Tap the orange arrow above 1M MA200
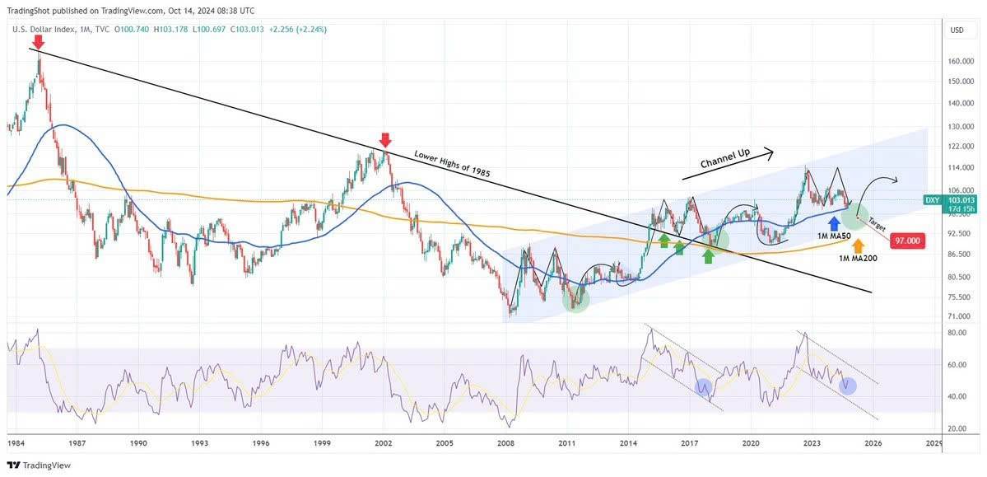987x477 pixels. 858,245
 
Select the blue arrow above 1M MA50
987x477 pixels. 834,222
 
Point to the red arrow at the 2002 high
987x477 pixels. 384,140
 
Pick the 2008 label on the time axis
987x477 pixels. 506,443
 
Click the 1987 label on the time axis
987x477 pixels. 77,443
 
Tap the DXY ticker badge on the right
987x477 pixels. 932,200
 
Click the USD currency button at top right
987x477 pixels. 957,30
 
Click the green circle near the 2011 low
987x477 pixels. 575,299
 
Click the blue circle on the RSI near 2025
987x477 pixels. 848,385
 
